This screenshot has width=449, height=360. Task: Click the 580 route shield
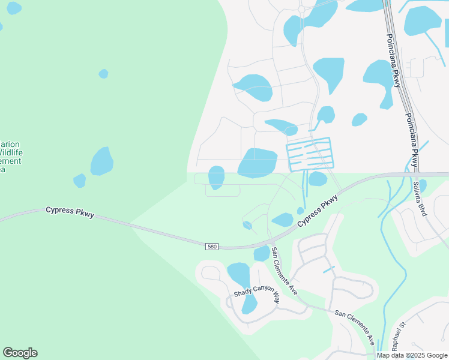(x=211, y=247)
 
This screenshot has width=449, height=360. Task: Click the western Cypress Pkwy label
(x=70, y=212)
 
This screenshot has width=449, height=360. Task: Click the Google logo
(x=20, y=352)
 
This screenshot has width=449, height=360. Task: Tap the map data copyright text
(x=412, y=355)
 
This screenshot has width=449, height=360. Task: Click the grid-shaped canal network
(x=310, y=154)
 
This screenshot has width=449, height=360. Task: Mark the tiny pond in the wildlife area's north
(x=103, y=74)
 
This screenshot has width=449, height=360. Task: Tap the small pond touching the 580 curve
(x=262, y=253)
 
